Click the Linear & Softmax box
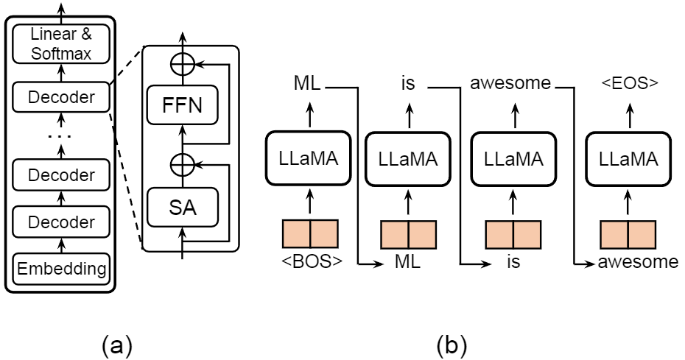click(x=60, y=44)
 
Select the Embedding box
click(x=60, y=269)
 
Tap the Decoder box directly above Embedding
click(x=60, y=222)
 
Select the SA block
click(x=183, y=210)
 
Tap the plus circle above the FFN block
click(x=183, y=64)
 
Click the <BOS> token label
click(x=310, y=261)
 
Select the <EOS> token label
click(x=628, y=83)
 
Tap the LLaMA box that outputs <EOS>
click(x=628, y=158)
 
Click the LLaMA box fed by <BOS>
click(x=309, y=158)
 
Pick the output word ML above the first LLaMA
click(x=308, y=83)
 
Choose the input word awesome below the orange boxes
click(x=638, y=262)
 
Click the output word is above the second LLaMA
click(x=409, y=83)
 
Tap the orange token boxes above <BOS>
click(x=310, y=233)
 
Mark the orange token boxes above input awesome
click(x=628, y=233)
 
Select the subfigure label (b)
click(x=451, y=344)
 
